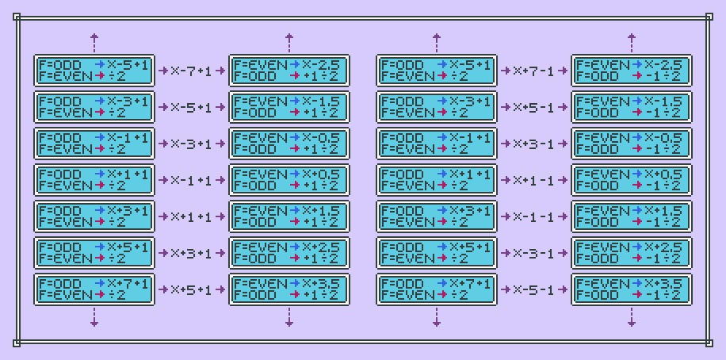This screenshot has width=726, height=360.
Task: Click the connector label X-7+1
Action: pyautogui.click(x=192, y=71)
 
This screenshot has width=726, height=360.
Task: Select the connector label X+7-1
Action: pyautogui.click(x=534, y=71)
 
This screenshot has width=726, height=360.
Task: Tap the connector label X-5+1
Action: pyautogui.click(x=192, y=107)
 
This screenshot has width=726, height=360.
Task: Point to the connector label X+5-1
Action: pyautogui.click(x=534, y=107)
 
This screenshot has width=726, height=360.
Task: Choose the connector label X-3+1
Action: pyautogui.click(x=192, y=144)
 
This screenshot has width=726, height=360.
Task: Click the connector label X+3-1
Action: pyautogui.click(x=534, y=144)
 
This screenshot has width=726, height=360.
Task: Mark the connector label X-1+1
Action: pyautogui.click(x=192, y=180)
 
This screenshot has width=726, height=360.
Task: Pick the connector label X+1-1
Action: pyautogui.click(x=534, y=180)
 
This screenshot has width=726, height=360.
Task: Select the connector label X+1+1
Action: pyautogui.click(x=192, y=216)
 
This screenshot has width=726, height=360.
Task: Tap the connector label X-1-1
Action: pyautogui.click(x=534, y=216)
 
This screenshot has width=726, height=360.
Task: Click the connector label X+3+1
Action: pyautogui.click(x=192, y=253)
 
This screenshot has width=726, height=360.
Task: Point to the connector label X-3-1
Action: pyautogui.click(x=534, y=253)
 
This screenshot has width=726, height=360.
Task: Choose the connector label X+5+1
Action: pyautogui.click(x=192, y=289)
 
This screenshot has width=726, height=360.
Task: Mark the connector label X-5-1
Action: pyautogui.click(x=534, y=289)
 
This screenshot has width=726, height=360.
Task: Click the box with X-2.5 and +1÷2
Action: pyautogui.click(x=288, y=71)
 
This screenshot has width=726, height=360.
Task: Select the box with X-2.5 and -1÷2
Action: pyautogui.click(x=631, y=71)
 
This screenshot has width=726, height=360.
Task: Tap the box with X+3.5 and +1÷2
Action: pyautogui.click(x=288, y=289)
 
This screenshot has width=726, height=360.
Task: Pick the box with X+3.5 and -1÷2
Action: pyautogui.click(x=631, y=289)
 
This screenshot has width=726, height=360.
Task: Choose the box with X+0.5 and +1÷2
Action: pyautogui.click(x=288, y=180)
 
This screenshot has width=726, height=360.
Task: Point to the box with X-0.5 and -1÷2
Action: pyautogui.click(x=631, y=144)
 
